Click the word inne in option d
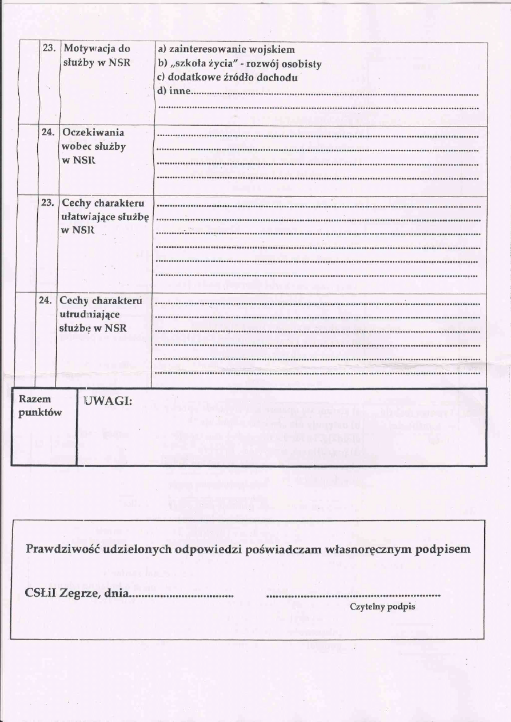(180, 91)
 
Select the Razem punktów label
(40, 406)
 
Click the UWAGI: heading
(108, 401)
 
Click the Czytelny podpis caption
(382, 607)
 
